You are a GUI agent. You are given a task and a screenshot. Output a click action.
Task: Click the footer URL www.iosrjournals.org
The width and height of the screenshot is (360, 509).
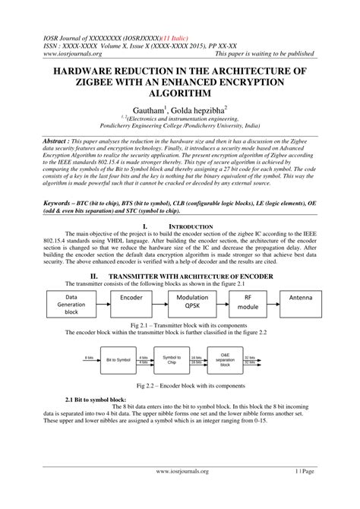tap(180, 492)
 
